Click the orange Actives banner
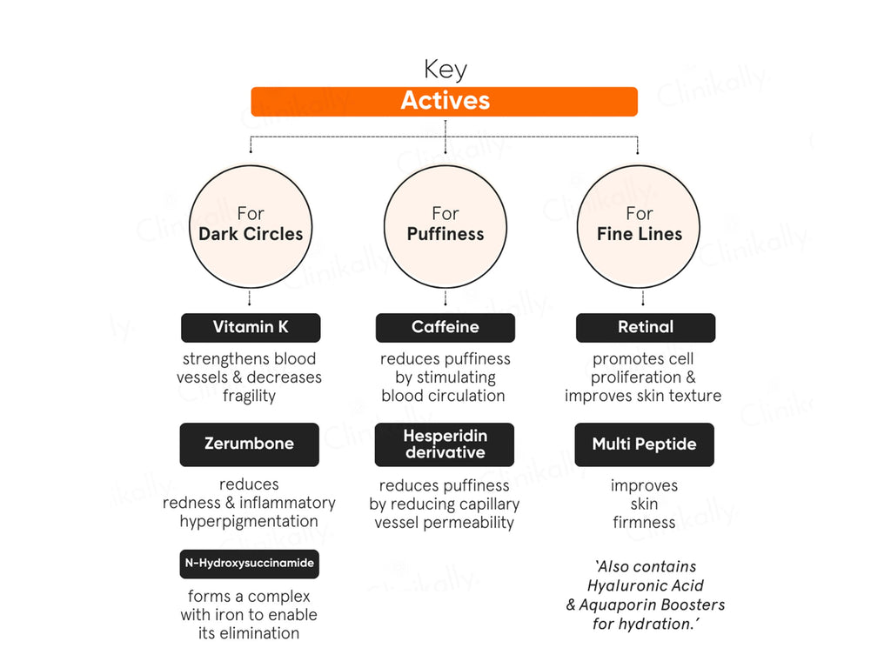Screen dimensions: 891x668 445,101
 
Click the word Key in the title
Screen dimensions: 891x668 445,70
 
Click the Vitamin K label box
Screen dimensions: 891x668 251,327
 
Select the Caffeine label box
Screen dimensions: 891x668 445,327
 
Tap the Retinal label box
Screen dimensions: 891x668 646,327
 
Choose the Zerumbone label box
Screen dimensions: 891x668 250,444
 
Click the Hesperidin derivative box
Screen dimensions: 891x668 445,444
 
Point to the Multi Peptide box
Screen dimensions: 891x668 645,444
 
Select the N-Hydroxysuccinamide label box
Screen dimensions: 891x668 250,564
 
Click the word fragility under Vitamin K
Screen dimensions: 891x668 250,396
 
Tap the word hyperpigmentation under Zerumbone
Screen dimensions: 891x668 249,522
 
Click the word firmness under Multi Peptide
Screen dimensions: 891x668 645,523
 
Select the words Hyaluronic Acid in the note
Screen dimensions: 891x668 646,585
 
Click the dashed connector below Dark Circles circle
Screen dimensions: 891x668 250,298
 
